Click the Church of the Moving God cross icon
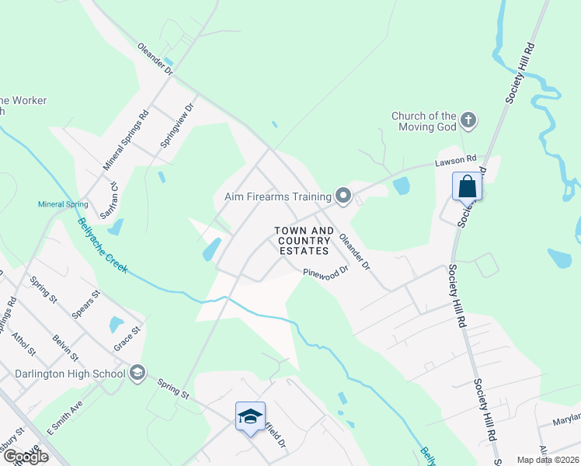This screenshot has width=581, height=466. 468,120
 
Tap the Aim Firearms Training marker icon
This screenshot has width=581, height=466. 343,195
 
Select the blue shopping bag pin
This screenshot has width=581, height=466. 467,187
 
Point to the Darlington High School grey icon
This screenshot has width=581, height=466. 137,373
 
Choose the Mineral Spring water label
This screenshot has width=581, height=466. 63,205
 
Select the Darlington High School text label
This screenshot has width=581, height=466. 70,374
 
